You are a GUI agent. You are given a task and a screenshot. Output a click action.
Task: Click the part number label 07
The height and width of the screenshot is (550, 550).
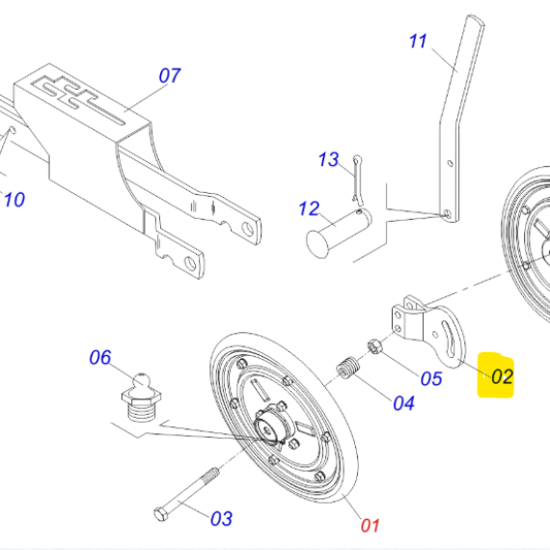pyautogui.click(x=170, y=76)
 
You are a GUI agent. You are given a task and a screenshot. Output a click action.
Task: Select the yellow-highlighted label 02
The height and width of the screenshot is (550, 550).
pyautogui.click(x=503, y=376)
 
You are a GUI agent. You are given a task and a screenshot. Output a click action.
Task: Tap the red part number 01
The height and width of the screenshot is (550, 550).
pyautogui.click(x=371, y=526)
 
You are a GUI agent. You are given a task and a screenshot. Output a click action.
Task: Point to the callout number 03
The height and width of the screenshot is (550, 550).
pyautogui.click(x=221, y=518)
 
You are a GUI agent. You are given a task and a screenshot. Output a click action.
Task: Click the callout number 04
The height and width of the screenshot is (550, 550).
pyautogui.click(x=403, y=403)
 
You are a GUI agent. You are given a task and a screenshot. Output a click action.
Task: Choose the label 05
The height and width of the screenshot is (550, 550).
pyautogui.click(x=431, y=379)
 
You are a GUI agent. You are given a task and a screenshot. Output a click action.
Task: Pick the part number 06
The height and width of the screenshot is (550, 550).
pyautogui.click(x=100, y=357)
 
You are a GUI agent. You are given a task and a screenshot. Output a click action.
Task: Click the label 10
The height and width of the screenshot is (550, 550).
pyautogui.click(x=14, y=200)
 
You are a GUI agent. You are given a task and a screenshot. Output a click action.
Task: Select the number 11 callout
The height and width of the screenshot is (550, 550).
pyautogui.click(x=418, y=41)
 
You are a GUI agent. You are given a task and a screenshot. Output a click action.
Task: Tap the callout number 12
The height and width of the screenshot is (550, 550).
pyautogui.click(x=309, y=208)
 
